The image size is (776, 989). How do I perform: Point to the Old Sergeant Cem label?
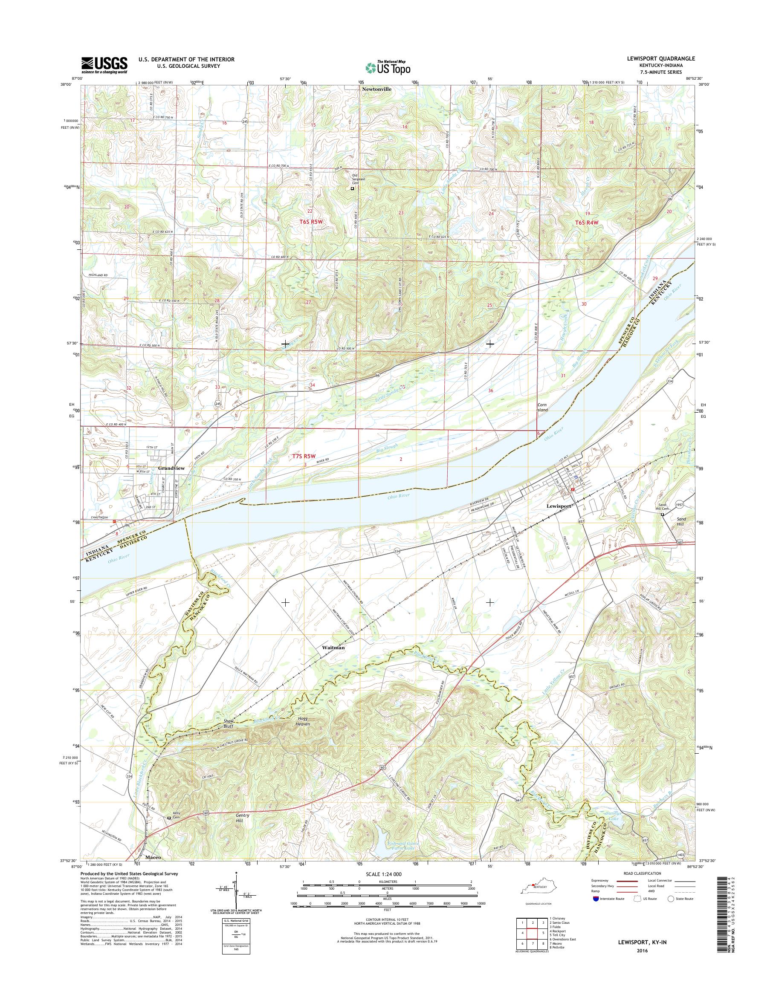click(362, 178)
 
